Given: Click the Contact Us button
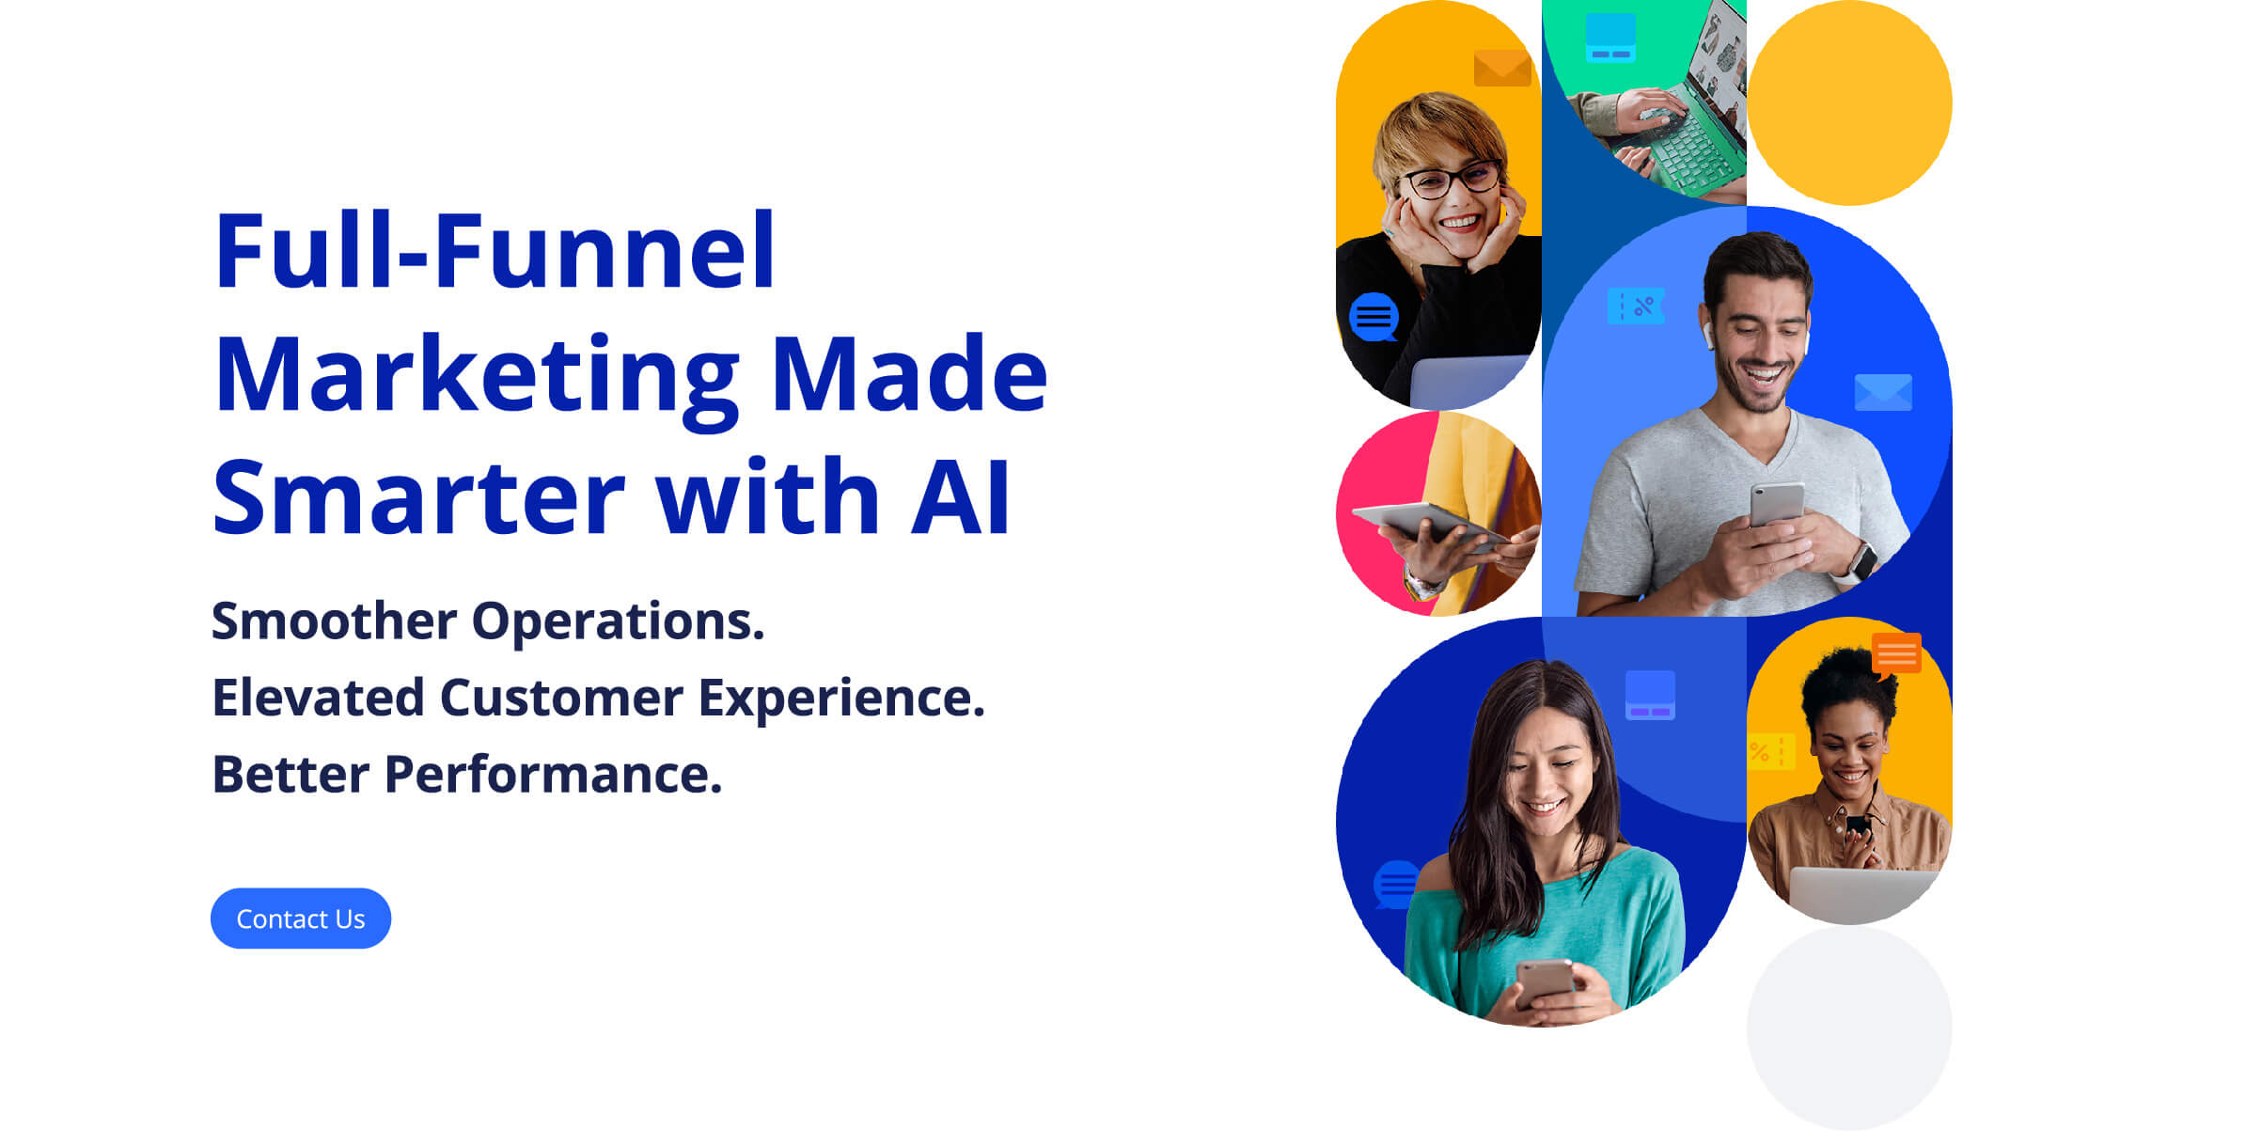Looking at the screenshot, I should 300,919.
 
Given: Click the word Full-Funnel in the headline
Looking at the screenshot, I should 495,251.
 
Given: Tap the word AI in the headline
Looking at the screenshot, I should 960,497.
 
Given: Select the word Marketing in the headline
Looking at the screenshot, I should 476,374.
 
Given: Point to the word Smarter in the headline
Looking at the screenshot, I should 418,497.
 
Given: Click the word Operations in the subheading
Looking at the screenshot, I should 617,621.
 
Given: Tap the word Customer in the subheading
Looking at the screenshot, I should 560,699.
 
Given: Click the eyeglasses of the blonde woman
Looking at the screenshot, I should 1449,180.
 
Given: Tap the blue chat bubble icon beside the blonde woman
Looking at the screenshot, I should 1374,317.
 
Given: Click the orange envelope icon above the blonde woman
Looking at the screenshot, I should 1501,69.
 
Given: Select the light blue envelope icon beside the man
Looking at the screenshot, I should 1882,393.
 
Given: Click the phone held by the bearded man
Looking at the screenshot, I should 1776,505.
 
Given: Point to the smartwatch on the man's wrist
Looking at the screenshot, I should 1862,561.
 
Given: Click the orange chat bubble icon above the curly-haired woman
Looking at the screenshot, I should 1895,654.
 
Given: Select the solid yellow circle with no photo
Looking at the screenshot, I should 1849,102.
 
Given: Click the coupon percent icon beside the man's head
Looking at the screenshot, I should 1636,306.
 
